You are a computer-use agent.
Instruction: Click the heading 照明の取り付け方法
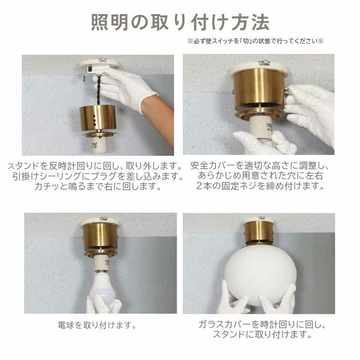pos(180,22)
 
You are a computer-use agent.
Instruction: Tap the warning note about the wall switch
pos(255,41)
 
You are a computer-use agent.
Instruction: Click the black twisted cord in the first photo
pos(99,90)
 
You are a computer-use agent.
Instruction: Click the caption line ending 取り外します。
pos(95,166)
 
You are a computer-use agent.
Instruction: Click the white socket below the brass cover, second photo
pos(262,128)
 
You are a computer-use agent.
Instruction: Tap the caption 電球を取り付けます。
pos(98,325)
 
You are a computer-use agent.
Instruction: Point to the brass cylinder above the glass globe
pos(259,232)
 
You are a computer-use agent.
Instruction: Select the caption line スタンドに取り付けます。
pos(262,334)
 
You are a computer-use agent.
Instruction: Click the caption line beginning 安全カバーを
pos(260,165)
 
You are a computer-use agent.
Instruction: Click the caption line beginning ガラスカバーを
pos(262,324)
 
